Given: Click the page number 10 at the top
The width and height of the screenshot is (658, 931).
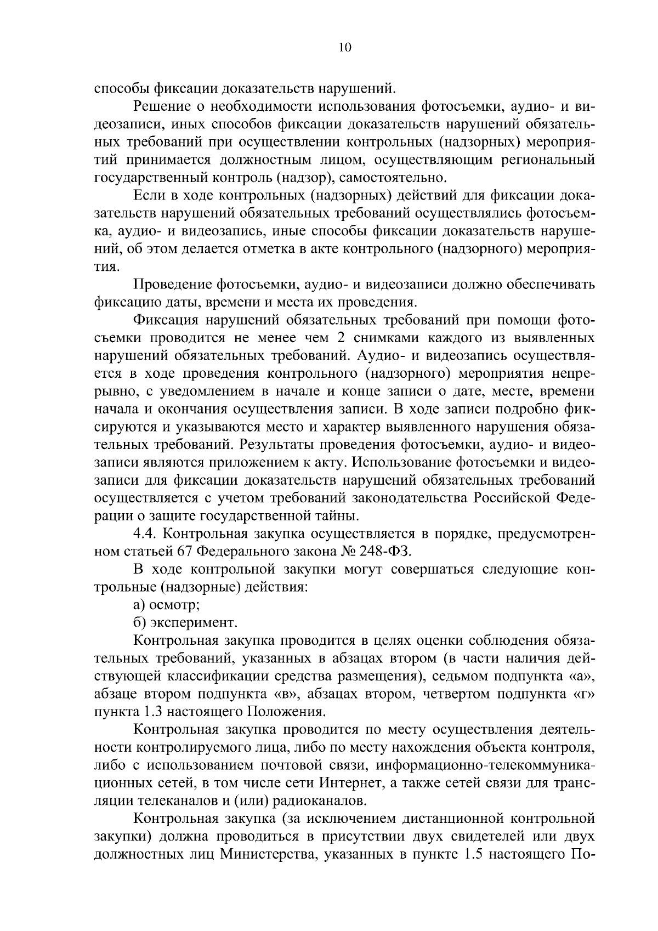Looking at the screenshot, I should pos(345,48).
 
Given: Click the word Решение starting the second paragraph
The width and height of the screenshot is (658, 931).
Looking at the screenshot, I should pos(163,106).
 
